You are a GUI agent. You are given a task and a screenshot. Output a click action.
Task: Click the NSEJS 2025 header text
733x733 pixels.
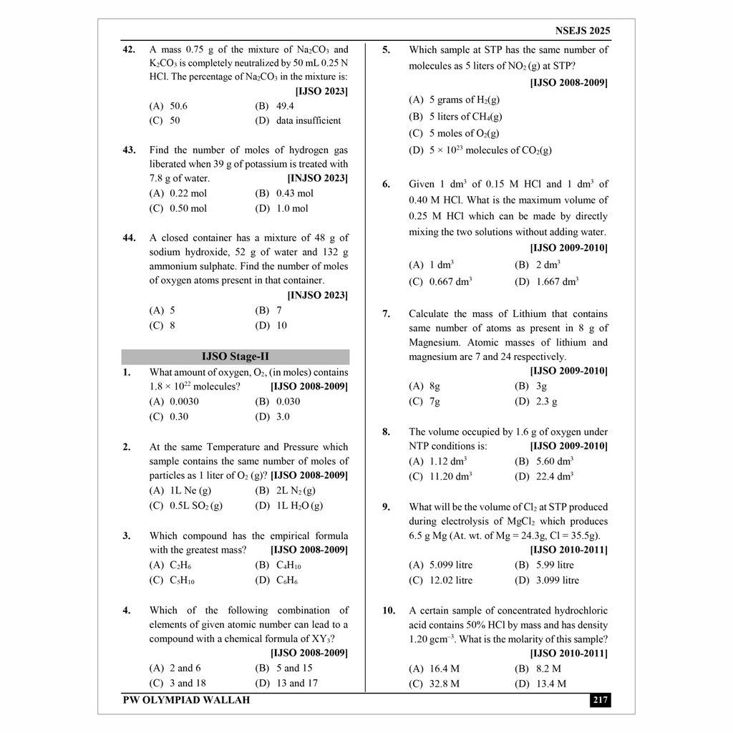(582, 31)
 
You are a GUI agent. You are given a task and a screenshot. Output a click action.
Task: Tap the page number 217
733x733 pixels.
(600, 700)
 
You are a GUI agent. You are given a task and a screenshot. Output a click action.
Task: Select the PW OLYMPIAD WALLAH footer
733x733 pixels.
(187, 700)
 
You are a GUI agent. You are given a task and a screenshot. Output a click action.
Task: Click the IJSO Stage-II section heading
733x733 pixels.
(236, 356)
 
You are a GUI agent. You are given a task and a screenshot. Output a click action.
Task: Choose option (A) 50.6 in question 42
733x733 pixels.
(168, 106)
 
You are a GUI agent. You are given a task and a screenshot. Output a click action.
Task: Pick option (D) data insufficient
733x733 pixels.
(298, 120)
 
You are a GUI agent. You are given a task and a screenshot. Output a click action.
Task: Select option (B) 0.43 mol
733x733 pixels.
(284, 193)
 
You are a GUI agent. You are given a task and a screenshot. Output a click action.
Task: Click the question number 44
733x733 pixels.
(129, 238)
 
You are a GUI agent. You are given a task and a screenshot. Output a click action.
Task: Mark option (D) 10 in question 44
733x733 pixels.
(271, 325)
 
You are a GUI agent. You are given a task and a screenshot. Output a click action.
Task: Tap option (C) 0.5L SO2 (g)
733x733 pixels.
(186, 505)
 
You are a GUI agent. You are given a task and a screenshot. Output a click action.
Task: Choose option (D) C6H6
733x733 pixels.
(276, 580)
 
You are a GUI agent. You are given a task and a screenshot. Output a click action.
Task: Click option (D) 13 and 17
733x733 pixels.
(286, 683)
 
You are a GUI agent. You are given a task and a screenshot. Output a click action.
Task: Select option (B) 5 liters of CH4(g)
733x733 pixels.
(455, 116)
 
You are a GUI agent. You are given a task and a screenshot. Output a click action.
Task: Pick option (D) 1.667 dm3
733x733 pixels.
(547, 281)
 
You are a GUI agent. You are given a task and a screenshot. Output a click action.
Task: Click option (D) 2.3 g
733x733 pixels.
(536, 402)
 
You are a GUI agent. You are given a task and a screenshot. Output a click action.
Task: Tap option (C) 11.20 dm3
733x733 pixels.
(440, 476)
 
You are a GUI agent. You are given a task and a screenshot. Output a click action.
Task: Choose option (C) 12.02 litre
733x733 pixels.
(440, 580)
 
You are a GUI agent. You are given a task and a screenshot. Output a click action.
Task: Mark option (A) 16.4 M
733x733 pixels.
(435, 669)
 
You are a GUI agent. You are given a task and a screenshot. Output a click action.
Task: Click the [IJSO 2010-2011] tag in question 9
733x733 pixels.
(568, 550)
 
